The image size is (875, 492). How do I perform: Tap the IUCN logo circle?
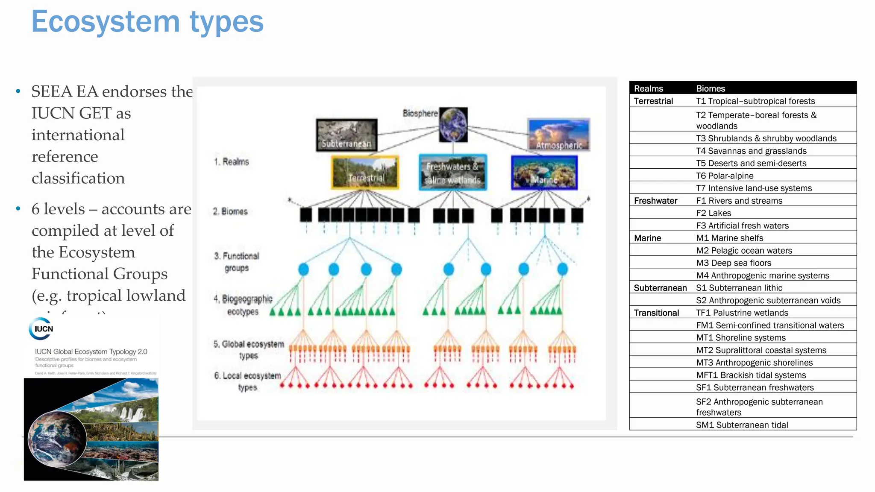pos(41,329)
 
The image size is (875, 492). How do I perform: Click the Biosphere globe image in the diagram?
pos(453,124)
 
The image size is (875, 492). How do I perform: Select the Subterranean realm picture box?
pos(346,135)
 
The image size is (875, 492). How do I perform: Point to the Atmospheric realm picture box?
pos(559,135)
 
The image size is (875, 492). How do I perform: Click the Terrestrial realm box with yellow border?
pos(365,173)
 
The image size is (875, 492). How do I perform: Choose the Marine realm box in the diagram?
pos(544,173)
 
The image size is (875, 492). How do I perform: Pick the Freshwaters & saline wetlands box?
pos(453,173)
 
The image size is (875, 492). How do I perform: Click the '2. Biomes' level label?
pos(230,211)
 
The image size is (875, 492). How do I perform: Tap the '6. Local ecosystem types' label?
pos(247,381)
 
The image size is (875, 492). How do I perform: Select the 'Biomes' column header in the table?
pos(711,88)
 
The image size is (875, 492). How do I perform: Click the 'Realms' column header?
pos(648,88)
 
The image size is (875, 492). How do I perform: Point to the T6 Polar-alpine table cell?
pos(725,176)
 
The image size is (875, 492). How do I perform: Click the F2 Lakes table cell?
pos(714,213)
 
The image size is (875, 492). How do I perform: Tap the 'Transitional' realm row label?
pos(656,313)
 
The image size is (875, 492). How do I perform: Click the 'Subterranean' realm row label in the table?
pos(660,288)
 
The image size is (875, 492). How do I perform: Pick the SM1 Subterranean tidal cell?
pos(742,425)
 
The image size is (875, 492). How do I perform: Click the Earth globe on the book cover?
pos(57,439)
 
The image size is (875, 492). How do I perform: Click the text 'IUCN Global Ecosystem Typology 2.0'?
pos(91,351)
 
